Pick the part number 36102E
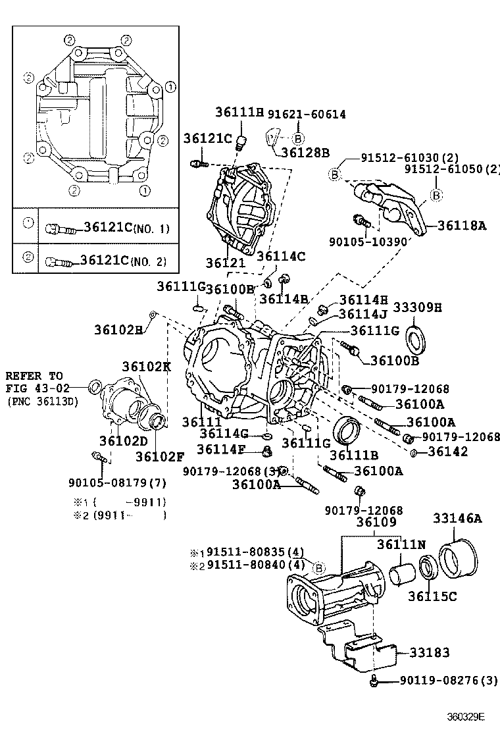118,328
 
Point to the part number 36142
447,452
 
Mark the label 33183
429,652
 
